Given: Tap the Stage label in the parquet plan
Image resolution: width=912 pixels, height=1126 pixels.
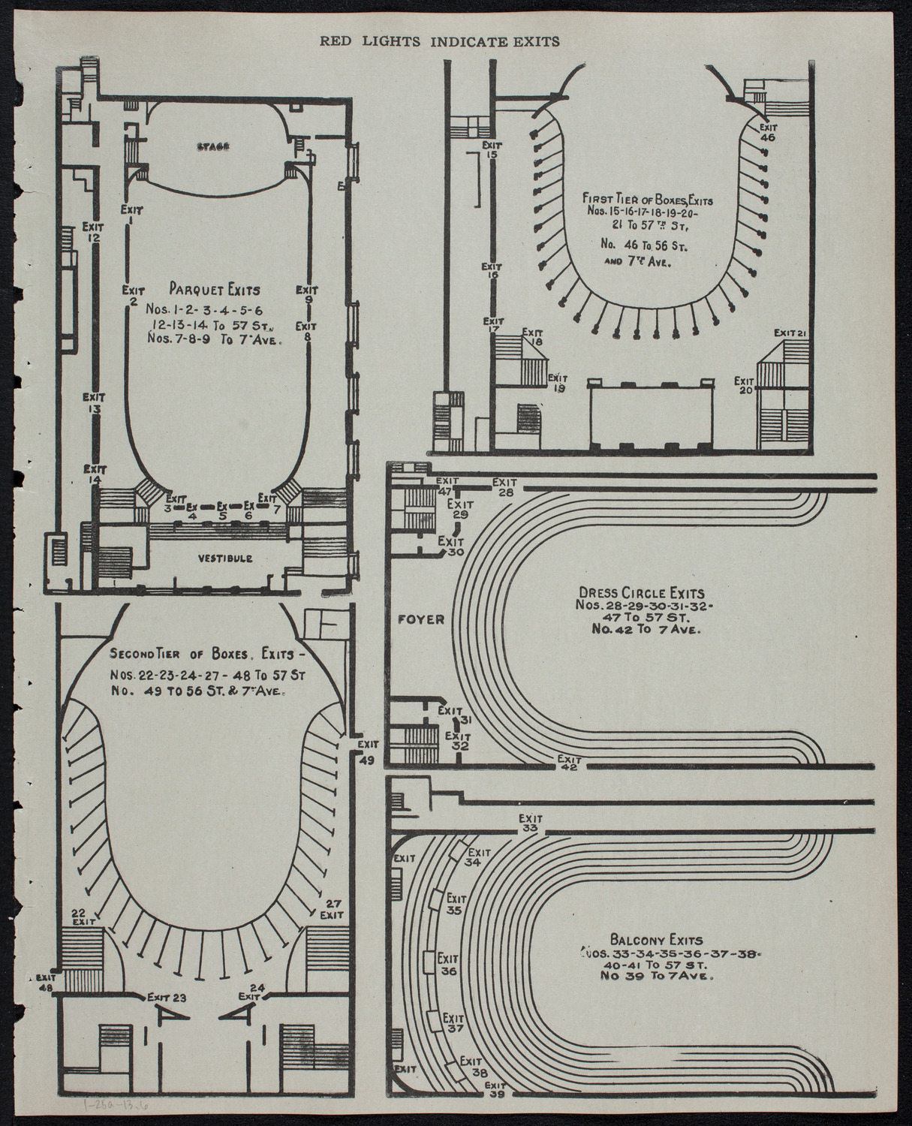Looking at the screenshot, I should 214,147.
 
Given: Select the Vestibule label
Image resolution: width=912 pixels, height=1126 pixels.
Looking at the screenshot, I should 225,558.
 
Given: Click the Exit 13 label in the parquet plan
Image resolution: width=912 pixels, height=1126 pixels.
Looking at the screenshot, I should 94,402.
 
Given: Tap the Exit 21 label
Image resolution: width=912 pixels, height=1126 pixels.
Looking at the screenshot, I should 790,333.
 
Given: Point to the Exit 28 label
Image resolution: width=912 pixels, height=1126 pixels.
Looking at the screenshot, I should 505,486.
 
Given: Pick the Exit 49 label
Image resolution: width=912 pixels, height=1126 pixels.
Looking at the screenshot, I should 368,751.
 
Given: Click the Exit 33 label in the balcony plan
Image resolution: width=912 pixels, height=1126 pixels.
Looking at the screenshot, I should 531,823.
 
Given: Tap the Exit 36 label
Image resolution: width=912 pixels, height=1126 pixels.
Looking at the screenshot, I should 449,965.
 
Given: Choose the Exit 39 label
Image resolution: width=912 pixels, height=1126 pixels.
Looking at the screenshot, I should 495,1089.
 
